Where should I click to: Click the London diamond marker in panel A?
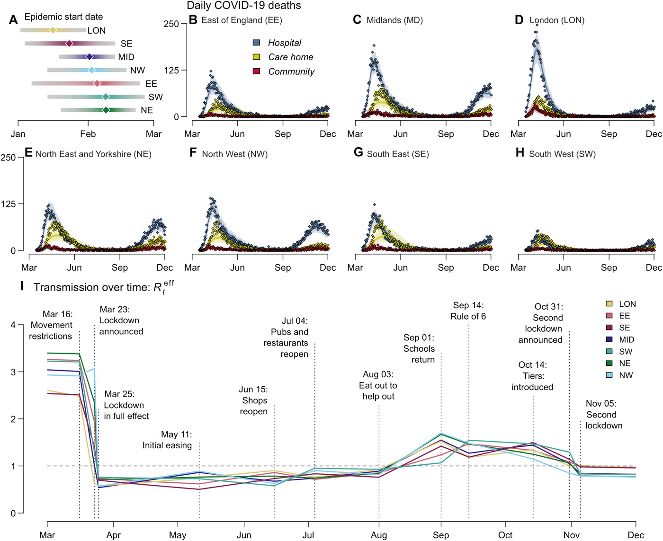click(53, 30)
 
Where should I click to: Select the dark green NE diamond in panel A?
click(106, 110)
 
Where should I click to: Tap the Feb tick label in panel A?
click(88, 134)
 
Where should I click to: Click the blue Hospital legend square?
click(257, 43)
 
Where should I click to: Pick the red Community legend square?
click(257, 71)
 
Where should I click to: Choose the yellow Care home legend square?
click(257, 57)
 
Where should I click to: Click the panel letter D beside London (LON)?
click(519, 20)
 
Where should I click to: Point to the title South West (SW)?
click(562, 154)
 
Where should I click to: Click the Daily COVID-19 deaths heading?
click(244, 6)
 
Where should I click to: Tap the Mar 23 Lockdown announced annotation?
click(121, 320)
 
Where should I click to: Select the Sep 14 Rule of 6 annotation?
click(468, 311)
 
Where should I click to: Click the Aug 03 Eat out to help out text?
click(378, 385)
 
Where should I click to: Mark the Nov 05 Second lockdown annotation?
click(602, 415)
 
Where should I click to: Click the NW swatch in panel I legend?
click(609, 375)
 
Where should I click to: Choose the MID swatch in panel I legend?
click(609, 339)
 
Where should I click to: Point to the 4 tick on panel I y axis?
click(13, 325)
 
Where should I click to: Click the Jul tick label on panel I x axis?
click(308, 535)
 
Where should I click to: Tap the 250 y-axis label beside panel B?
click(171, 24)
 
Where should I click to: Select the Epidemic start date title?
click(63, 17)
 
